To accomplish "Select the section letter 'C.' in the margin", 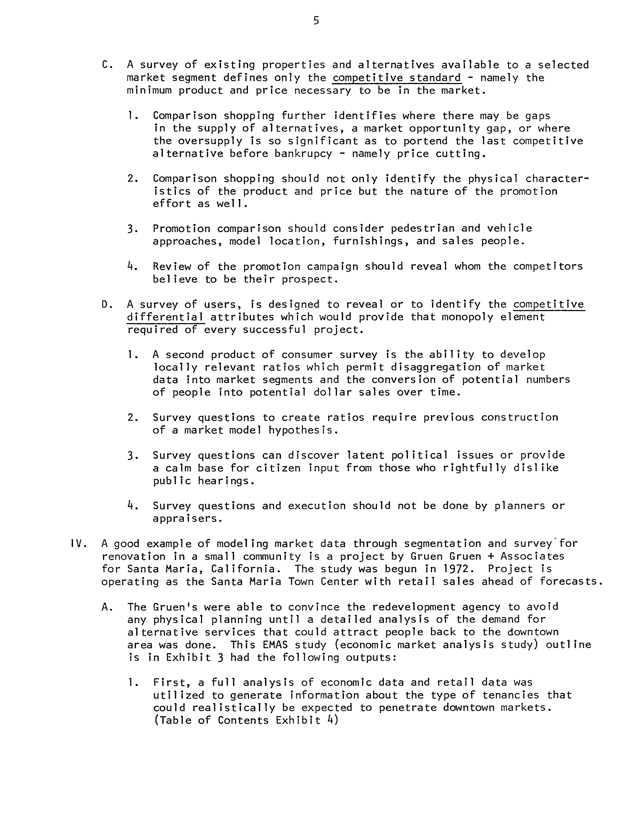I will [107, 65].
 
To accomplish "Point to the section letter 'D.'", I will [107, 304].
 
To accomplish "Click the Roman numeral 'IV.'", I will [78, 543].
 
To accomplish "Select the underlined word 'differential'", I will [166, 317].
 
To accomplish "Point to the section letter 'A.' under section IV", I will [107, 607].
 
